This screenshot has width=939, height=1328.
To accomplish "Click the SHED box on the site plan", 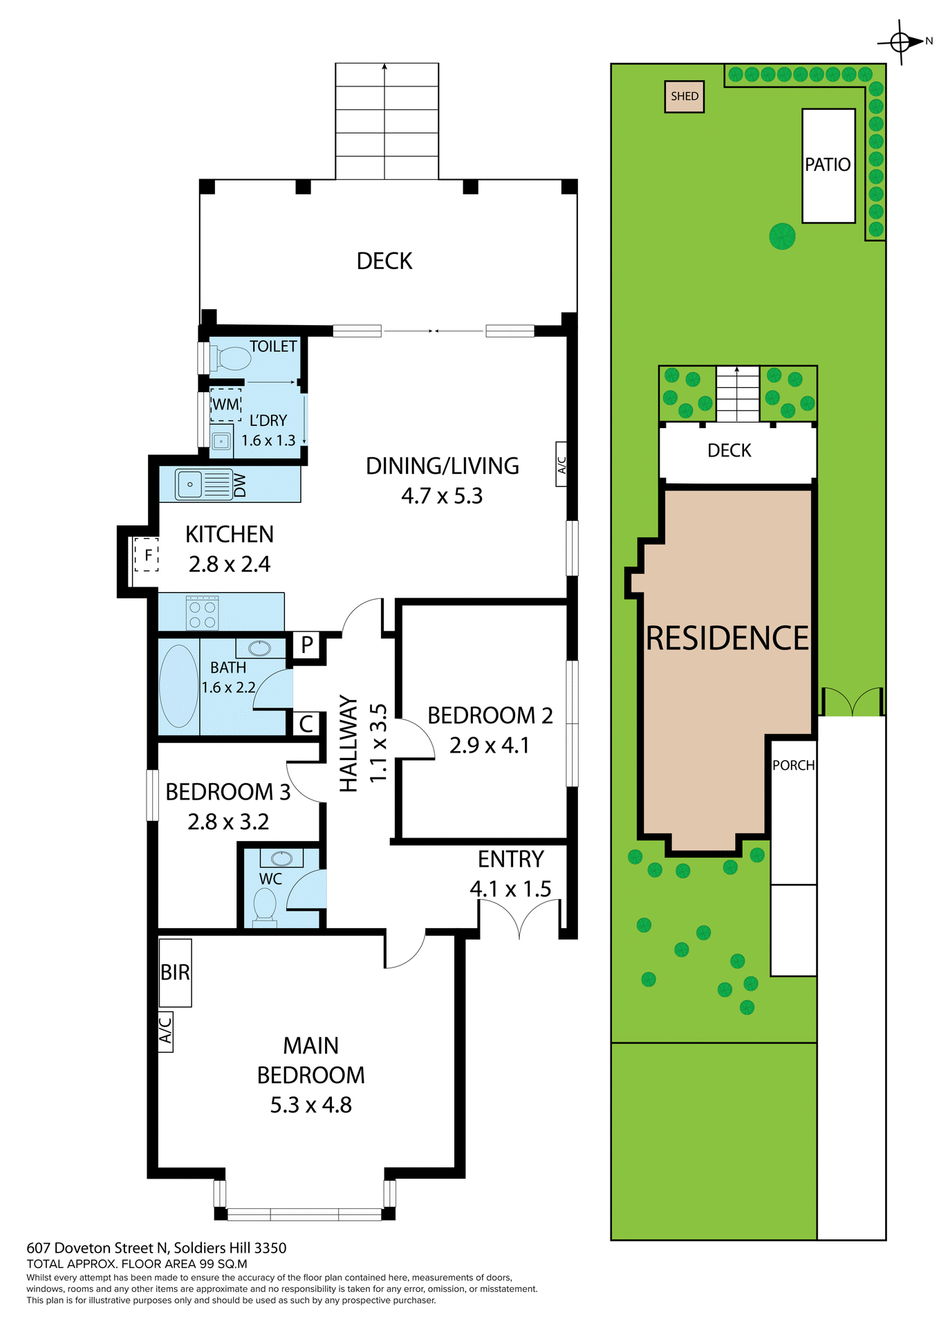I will (x=684, y=96).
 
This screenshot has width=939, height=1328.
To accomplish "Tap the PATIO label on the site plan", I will (x=827, y=165).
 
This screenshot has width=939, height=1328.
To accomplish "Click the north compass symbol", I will (x=900, y=42).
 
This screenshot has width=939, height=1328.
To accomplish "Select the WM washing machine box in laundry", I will (x=225, y=404).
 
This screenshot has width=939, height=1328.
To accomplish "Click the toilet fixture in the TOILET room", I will (x=233, y=358).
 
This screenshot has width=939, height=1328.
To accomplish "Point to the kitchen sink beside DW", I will (x=189, y=483).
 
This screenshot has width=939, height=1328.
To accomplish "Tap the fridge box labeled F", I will (x=147, y=555).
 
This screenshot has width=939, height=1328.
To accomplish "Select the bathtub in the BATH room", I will (x=178, y=686).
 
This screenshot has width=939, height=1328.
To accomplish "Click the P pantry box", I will (x=307, y=645).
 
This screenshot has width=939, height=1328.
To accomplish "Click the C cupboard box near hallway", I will (x=306, y=724).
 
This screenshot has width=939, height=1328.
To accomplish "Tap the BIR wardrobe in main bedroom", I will (x=175, y=972).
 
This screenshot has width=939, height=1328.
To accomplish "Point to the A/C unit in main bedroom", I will (x=165, y=1031).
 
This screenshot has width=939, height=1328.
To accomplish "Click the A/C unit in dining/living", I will (x=561, y=464).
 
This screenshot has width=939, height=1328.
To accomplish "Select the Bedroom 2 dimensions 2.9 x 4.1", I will (x=489, y=745).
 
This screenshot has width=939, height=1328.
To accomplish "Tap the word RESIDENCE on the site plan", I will (x=727, y=638).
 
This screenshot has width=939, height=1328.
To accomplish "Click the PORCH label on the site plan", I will (x=793, y=765).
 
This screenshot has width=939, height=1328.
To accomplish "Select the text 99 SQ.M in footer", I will (x=223, y=1264).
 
